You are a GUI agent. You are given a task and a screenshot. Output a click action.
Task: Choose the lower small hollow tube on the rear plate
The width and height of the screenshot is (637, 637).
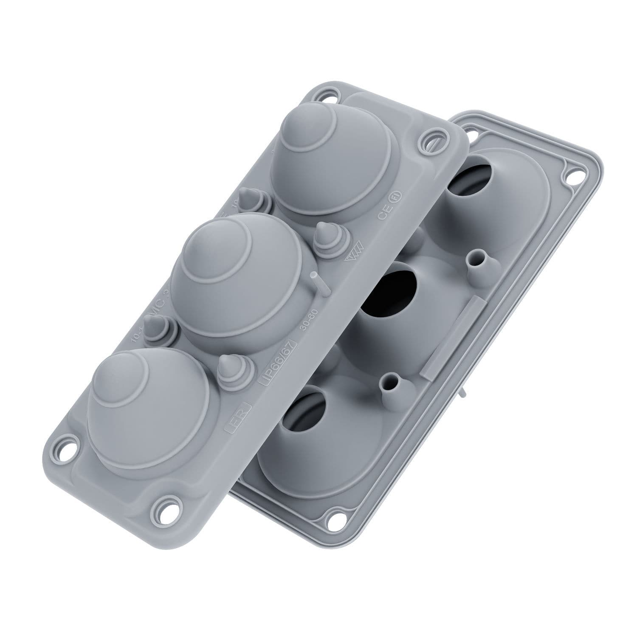[x=392, y=385]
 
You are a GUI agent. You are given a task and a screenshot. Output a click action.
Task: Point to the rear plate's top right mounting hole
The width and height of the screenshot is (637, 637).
[x=576, y=175]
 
